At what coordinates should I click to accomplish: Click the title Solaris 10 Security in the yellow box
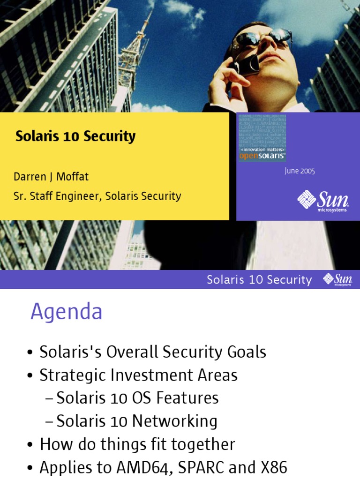pyautogui.click(x=75, y=136)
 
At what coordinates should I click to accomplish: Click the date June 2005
pyautogui.click(x=300, y=171)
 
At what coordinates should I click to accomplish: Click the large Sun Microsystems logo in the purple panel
pyautogui.click(x=323, y=201)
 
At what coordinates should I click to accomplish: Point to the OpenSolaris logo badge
pyautogui.click(x=262, y=137)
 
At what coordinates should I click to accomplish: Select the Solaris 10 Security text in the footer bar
pyautogui.click(x=259, y=280)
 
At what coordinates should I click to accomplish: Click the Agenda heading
pyautogui.click(x=67, y=312)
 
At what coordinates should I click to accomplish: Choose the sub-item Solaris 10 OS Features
pyautogui.click(x=137, y=398)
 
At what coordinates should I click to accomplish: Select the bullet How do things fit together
pyautogui.click(x=137, y=444)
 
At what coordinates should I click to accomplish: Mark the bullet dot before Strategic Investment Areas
pyautogui.click(x=30, y=376)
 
